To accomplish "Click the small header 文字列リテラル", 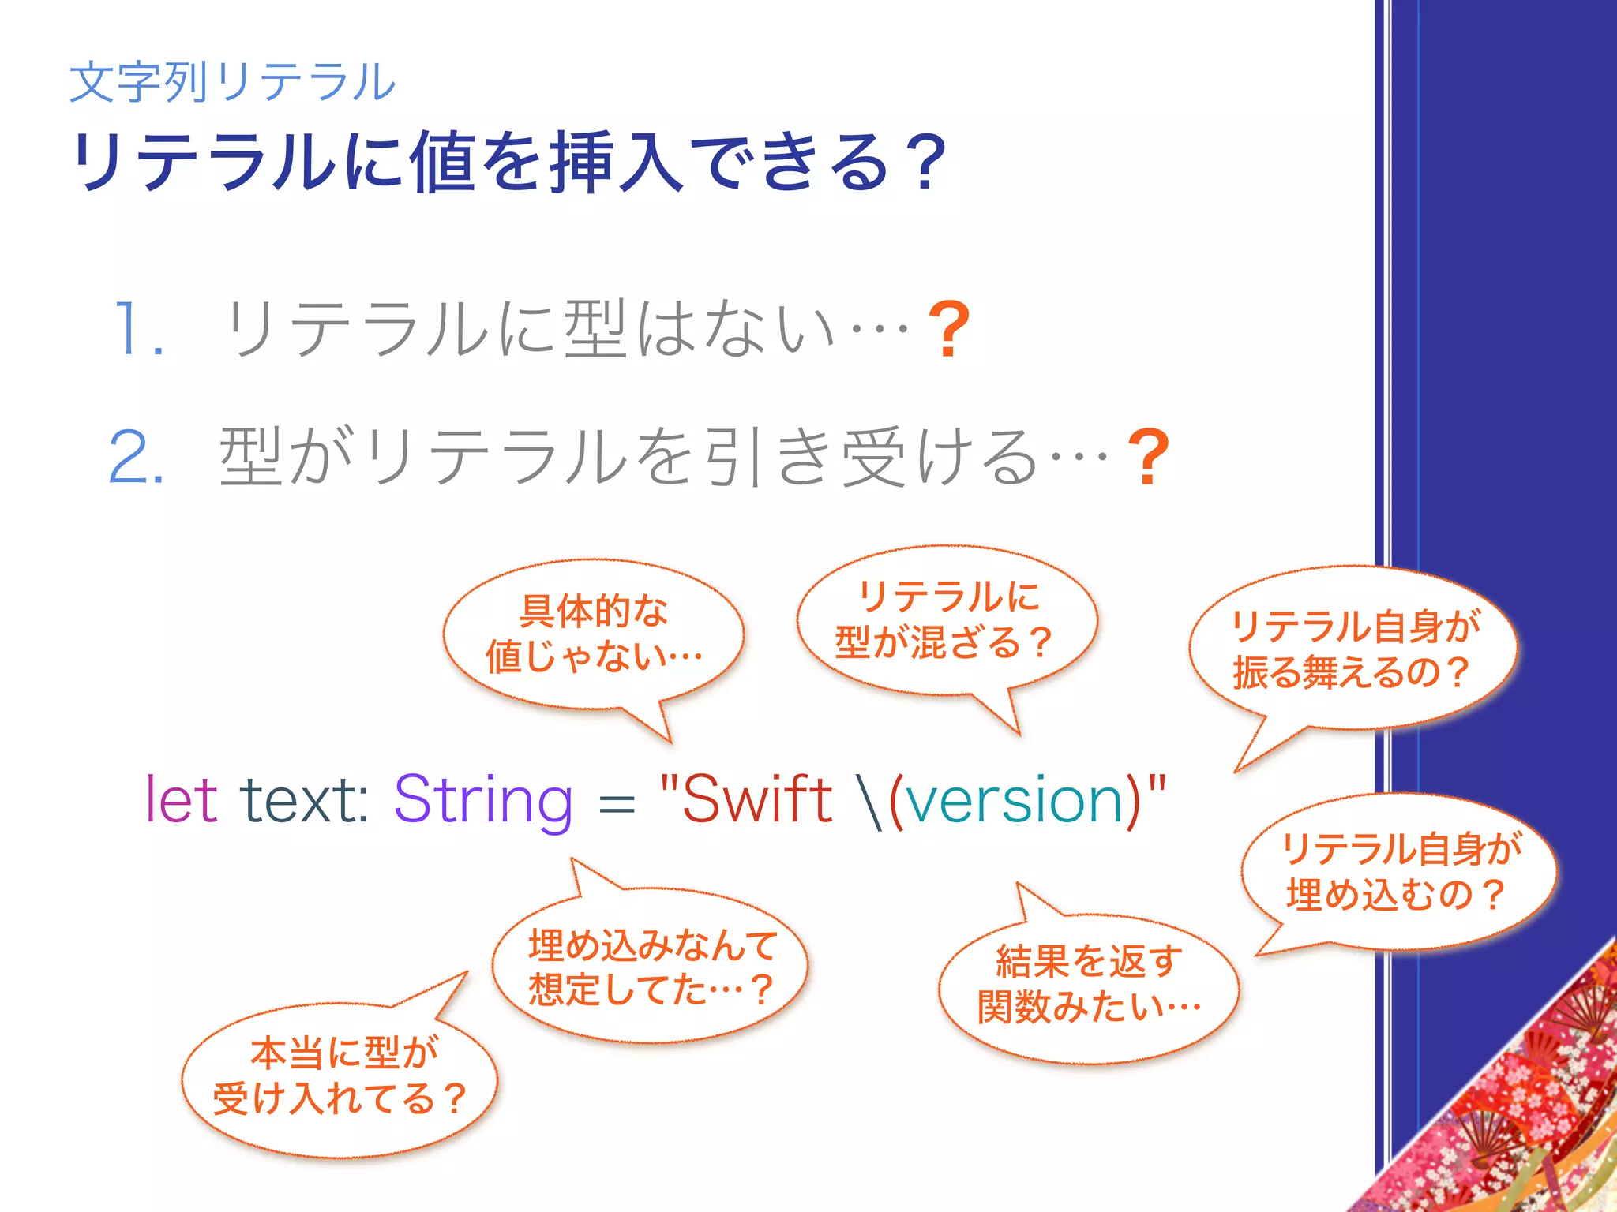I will [233, 81].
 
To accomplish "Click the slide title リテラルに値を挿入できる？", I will [509, 162].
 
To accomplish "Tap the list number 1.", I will [139, 329].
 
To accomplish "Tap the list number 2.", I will [137, 457].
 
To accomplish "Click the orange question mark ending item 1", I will [948, 329].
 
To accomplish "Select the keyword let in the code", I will [182, 800].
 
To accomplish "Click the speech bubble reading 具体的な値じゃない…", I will [594, 634].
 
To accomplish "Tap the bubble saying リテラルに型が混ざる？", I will [946, 619].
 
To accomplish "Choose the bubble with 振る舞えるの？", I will [1353, 649].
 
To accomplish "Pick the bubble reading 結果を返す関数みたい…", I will [1088, 985].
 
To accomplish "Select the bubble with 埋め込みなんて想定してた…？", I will [651, 967].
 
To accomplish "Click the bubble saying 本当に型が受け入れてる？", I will [340, 1076].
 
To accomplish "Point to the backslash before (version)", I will [872, 802].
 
